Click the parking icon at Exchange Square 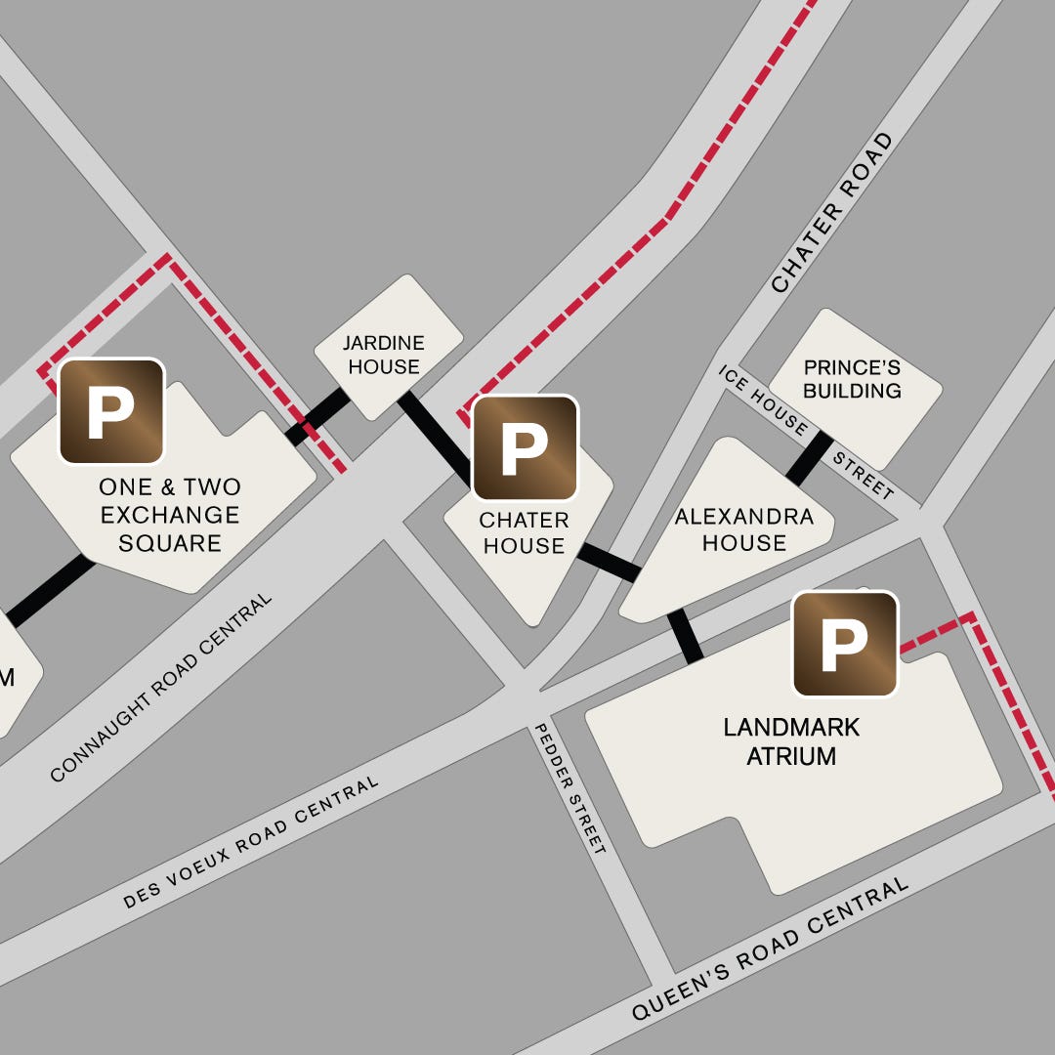111,411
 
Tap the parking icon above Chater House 526,448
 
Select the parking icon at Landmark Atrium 845,644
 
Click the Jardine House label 384,355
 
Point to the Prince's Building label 852,379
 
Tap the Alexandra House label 744,529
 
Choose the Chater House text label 524,532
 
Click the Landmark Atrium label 791,741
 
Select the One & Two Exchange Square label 170,515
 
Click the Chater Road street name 832,212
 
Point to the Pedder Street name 570,789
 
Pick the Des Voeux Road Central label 251,843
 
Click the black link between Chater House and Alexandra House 609,562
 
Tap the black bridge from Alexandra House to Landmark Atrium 685,637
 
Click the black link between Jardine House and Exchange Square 316,417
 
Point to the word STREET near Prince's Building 864,476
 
